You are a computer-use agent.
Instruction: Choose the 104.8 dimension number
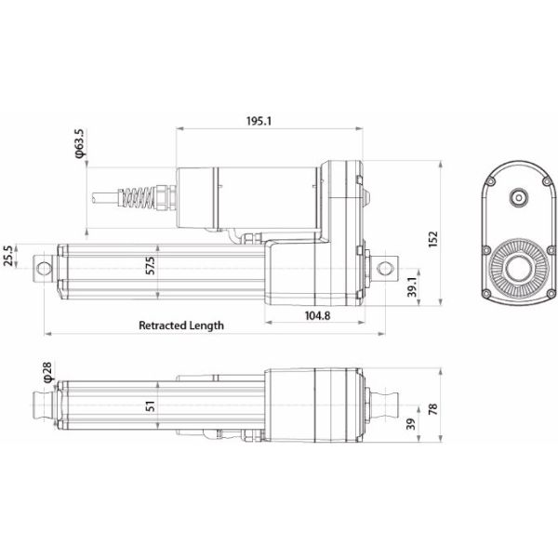(x=317, y=316)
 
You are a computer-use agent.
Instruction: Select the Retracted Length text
(x=181, y=325)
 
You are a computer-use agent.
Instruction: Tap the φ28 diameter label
(x=47, y=373)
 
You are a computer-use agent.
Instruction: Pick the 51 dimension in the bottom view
(x=150, y=405)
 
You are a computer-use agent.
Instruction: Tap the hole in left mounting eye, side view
(x=42, y=268)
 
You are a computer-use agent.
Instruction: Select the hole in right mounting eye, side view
(x=383, y=267)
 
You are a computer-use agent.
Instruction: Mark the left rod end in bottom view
(x=42, y=405)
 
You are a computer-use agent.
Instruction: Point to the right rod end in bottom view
(x=383, y=405)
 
